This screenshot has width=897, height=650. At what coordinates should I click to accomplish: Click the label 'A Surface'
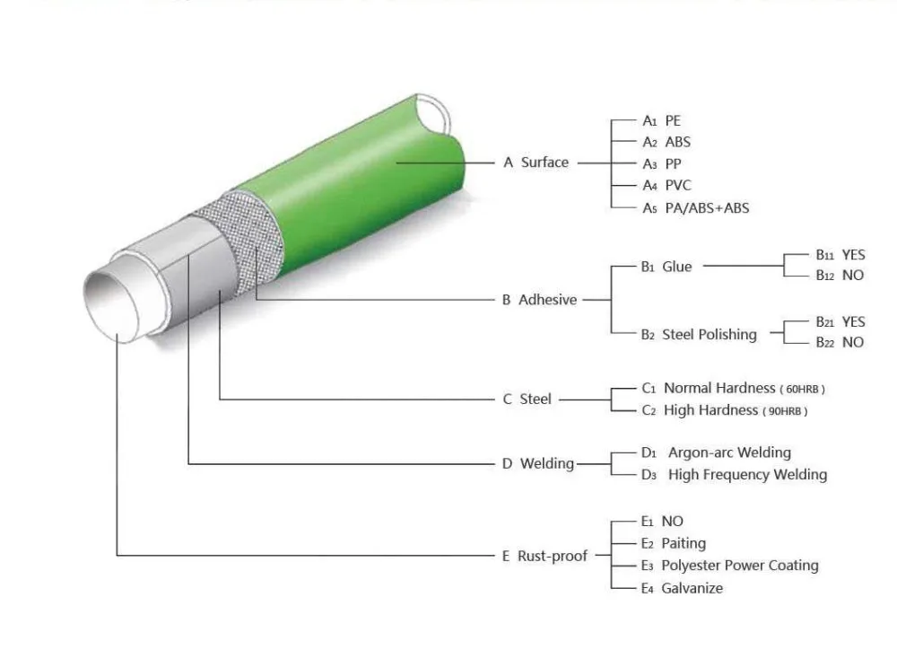click(x=536, y=162)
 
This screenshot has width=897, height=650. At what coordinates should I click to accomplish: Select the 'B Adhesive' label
click(x=539, y=300)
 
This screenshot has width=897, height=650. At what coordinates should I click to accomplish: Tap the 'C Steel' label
click(x=527, y=399)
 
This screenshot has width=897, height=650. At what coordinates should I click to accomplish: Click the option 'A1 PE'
click(x=662, y=120)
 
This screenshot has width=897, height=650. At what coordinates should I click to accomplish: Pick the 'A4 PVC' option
click(x=666, y=186)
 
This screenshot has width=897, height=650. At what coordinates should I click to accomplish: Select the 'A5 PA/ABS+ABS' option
click(x=695, y=207)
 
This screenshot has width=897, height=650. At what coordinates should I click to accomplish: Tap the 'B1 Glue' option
click(x=666, y=267)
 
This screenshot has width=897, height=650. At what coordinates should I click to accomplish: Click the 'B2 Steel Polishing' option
click(x=699, y=334)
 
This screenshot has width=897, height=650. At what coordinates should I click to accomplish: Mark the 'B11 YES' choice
click(x=840, y=256)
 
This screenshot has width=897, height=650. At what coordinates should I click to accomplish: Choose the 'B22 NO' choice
click(x=840, y=342)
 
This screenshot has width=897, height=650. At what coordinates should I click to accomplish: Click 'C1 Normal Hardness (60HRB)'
click(x=733, y=389)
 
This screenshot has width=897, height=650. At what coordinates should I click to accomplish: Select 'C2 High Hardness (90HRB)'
click(x=724, y=410)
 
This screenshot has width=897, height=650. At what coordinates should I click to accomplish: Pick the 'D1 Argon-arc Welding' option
click(x=716, y=452)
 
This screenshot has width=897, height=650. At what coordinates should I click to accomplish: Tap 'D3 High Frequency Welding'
click(x=734, y=475)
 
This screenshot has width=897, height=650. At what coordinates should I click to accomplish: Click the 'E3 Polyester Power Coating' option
click(x=729, y=566)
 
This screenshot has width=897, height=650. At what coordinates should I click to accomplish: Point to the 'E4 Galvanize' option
click(x=682, y=588)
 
